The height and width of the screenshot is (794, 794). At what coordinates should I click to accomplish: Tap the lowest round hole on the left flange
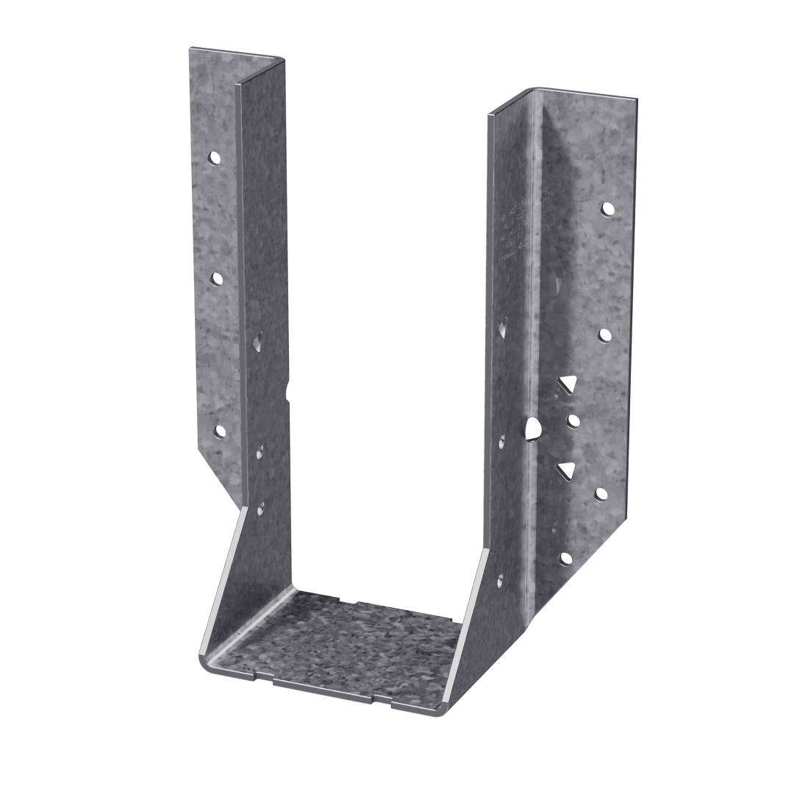pyautogui.click(x=219, y=430)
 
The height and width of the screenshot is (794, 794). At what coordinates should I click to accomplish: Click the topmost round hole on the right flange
pyautogui.click(x=608, y=209)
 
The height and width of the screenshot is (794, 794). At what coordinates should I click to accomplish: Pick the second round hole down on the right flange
pyautogui.click(x=605, y=335)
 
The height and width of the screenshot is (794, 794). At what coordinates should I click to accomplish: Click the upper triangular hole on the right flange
pyautogui.click(x=566, y=383)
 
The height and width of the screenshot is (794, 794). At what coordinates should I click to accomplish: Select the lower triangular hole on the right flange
pyautogui.click(x=566, y=470)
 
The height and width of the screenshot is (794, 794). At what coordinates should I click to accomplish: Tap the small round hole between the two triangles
pyautogui.click(x=573, y=421)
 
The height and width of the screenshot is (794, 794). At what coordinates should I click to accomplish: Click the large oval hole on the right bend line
pyautogui.click(x=534, y=429)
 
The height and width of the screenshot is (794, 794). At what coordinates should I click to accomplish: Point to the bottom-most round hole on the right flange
pyautogui.click(x=565, y=559)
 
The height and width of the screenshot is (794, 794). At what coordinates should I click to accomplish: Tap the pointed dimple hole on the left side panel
pyautogui.click(x=258, y=340)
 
